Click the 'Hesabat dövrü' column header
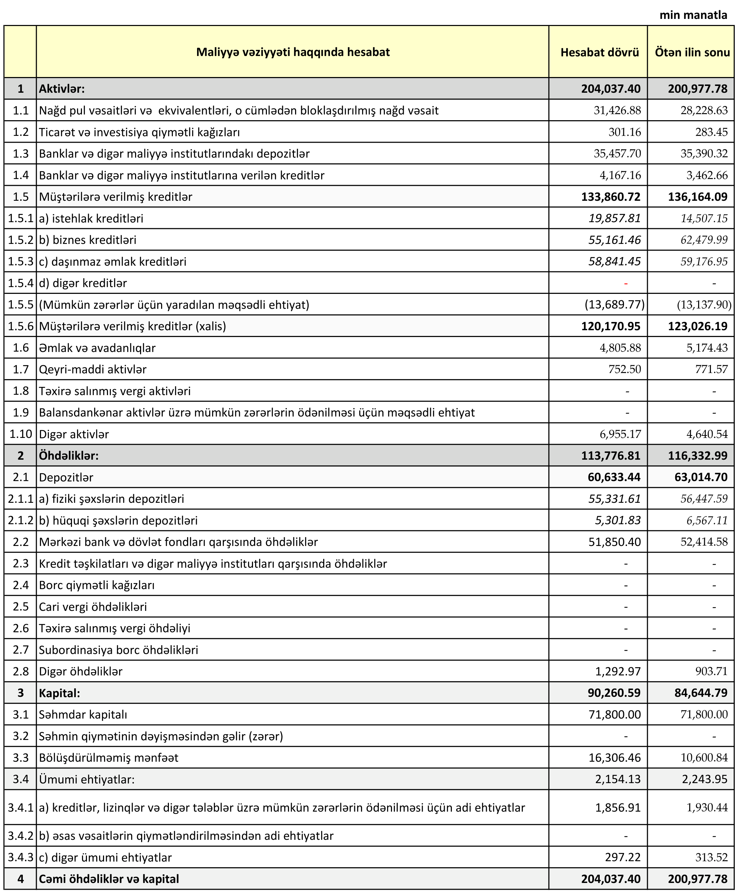coord(599,52)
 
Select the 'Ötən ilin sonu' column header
coord(692,52)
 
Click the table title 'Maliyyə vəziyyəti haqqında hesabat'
coord(293,52)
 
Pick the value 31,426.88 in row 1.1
coord(617,111)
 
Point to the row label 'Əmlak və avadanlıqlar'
coord(97,348)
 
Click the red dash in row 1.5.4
coord(626,283)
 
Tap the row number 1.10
coord(20,434)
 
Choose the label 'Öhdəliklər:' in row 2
coord(68,455)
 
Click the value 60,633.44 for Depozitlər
coord(614,477)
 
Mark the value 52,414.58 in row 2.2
coord(704,542)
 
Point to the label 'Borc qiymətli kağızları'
coord(97,585)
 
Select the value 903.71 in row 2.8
coord(712,671)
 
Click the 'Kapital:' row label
coord(59,693)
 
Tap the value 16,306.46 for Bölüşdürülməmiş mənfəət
coord(614,757)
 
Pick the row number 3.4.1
coord(20,807)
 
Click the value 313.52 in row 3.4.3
coord(712,857)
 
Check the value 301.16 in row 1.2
coord(624,132)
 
